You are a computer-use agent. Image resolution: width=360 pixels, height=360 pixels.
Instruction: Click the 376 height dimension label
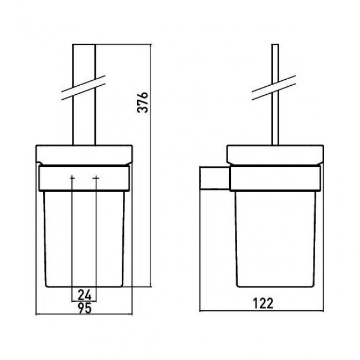tap(142, 102)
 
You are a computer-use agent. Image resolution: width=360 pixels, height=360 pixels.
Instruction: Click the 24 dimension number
tap(85, 295)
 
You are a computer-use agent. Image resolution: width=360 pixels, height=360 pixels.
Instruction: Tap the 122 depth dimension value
tap(263, 303)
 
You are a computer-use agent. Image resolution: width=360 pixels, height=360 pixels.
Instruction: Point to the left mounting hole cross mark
tap(72, 178)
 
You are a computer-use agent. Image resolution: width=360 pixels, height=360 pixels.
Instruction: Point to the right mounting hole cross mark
tap(96, 178)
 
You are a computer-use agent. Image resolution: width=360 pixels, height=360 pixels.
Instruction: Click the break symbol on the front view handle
tap(84, 88)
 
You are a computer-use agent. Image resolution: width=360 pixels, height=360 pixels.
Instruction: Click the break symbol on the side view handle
tap(274, 88)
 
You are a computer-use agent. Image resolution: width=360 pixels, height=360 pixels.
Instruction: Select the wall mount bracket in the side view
tap(215, 179)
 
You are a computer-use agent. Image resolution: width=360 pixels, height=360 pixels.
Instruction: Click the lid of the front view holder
tap(84, 155)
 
